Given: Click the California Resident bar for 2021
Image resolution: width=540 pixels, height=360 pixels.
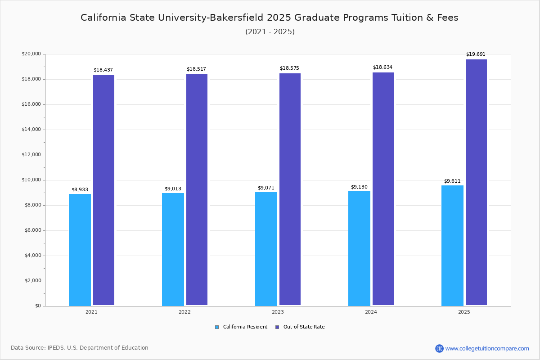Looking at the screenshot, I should point(80,250).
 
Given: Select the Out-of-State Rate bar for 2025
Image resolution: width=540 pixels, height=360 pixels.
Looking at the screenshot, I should point(476,182).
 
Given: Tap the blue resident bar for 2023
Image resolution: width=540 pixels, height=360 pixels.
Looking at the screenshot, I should point(266,249).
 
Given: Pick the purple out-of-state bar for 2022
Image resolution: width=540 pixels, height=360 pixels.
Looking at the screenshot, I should point(197,189).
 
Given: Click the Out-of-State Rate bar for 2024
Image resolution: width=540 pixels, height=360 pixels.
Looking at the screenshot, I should point(383,189).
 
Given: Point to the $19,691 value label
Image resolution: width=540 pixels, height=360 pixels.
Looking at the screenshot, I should point(476,54).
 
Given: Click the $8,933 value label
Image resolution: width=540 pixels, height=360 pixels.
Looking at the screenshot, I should point(80,190).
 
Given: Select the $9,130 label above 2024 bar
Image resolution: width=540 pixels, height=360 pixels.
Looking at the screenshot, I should point(359,187).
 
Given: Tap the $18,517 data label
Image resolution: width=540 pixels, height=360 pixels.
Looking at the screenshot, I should point(196,69).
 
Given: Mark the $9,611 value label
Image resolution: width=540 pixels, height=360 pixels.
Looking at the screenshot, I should point(452,181).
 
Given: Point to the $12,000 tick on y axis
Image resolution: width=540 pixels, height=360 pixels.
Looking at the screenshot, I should point(31,155).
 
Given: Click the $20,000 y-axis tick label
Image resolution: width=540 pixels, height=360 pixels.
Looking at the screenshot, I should point(31,54).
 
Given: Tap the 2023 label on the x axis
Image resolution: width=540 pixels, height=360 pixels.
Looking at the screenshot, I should point(278,312).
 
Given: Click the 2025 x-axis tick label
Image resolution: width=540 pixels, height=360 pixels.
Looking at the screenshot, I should point(464,312).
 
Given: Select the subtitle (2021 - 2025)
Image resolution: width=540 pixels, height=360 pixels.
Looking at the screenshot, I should point(270,32).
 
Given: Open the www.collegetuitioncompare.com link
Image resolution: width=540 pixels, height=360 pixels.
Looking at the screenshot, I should point(487,348).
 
